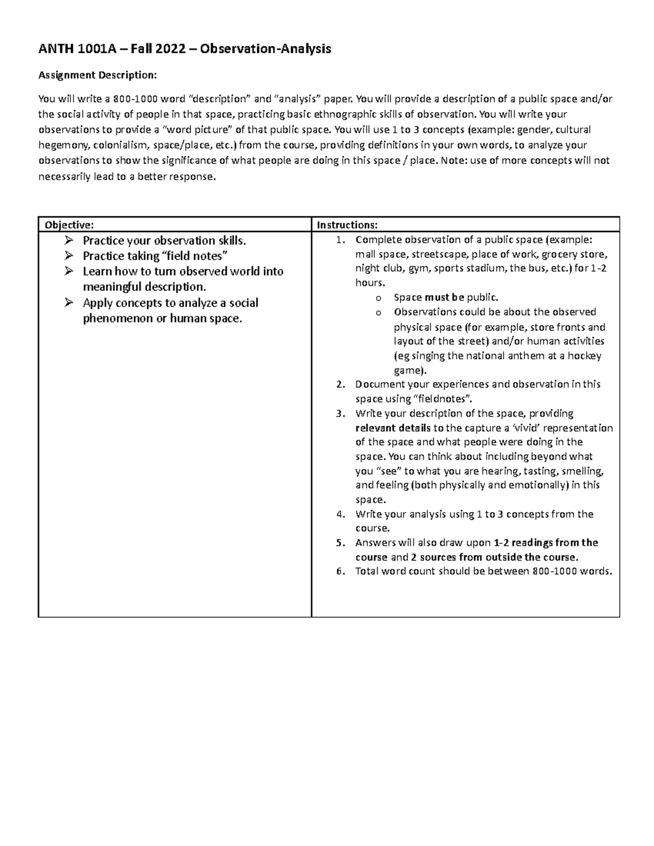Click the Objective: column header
tap(69, 225)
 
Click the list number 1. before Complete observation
tap(341, 240)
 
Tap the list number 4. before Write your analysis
tap(341, 514)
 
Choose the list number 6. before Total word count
tap(341, 571)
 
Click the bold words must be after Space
tap(444, 297)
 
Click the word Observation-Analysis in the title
tap(265, 49)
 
